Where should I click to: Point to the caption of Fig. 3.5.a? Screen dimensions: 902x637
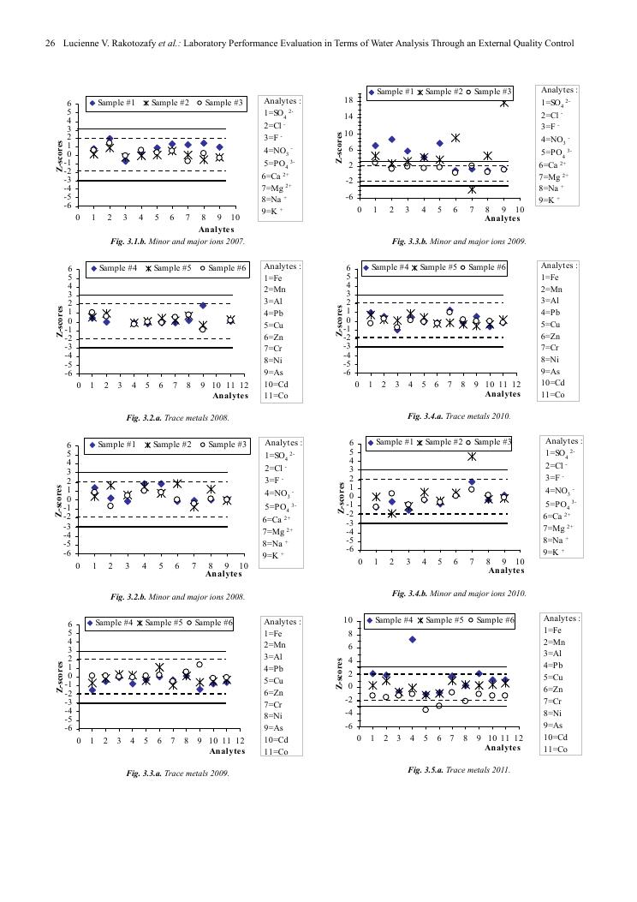(460, 769)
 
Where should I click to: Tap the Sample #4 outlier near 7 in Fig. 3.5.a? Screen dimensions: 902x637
(412, 639)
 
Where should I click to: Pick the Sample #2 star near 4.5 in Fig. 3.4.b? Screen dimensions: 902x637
(472, 457)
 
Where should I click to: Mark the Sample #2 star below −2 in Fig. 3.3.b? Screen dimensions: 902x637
(472, 188)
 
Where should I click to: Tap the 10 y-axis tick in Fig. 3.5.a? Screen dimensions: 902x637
(348, 620)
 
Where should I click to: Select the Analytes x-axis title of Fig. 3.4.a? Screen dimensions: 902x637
(503, 395)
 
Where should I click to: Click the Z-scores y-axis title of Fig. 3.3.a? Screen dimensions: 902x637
(59, 676)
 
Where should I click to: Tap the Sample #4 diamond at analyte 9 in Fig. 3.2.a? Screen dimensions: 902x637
(203, 305)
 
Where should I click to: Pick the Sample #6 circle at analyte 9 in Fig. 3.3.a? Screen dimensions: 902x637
(199, 664)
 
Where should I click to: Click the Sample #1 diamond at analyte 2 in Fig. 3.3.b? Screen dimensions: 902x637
(391, 139)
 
